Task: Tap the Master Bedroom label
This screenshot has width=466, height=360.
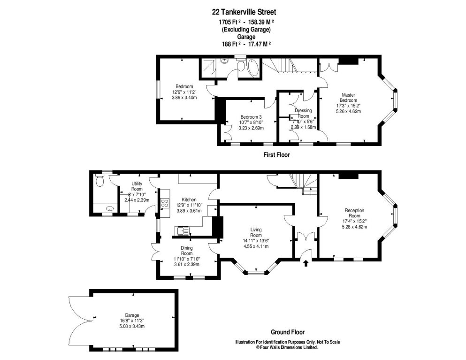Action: tap(348, 97)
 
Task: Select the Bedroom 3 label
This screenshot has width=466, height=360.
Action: tap(251, 117)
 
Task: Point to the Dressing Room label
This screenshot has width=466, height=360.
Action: tap(303, 113)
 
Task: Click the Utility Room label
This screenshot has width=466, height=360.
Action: tap(137, 186)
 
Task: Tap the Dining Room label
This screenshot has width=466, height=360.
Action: tap(186, 250)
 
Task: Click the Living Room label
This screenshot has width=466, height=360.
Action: tap(255, 232)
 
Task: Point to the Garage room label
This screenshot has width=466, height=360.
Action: tap(131, 315)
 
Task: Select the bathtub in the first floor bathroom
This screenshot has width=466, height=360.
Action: tap(252, 68)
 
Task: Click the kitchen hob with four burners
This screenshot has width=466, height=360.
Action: tap(165, 203)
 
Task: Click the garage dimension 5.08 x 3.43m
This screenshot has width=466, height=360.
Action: tap(131, 326)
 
